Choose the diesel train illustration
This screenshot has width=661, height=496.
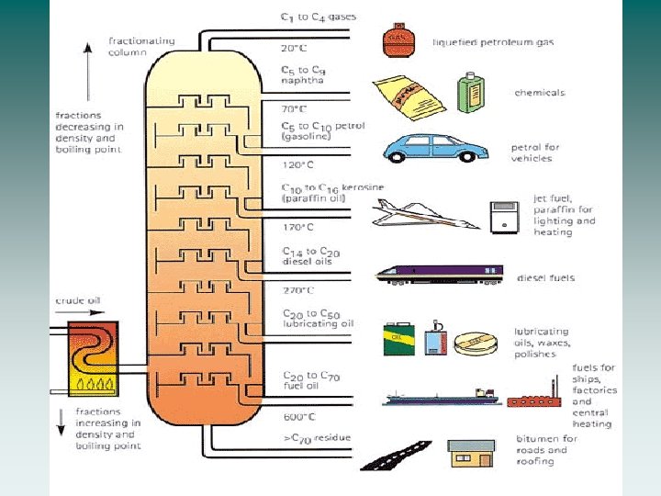439,273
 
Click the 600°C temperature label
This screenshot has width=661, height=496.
298,416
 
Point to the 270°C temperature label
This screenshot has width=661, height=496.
298,289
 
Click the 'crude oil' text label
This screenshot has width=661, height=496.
78,300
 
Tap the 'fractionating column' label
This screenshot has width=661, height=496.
142,46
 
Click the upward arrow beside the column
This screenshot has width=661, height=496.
88,64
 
